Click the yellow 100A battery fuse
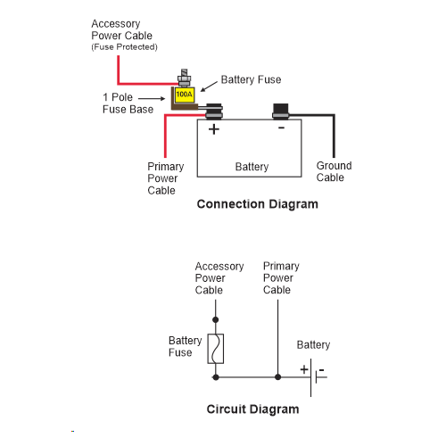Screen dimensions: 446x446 [185, 95]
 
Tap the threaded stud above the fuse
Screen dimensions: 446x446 [184, 78]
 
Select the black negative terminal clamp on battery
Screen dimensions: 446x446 [281, 111]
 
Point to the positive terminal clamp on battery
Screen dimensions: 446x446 [214, 111]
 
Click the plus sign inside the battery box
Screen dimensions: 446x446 [214, 129]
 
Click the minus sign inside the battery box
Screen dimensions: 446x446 [281, 128]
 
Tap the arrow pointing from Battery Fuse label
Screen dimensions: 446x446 [209, 87]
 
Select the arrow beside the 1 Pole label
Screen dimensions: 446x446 [152, 98]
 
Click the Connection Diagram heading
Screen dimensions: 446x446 [258, 204]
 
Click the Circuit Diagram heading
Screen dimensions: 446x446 [252, 409]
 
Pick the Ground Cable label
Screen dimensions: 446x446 [334, 171]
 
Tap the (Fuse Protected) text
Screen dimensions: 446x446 [124, 47]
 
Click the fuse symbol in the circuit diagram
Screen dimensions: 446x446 [216, 349]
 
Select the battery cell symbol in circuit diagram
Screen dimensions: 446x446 [315, 377]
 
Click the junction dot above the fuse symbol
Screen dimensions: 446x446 [216, 320]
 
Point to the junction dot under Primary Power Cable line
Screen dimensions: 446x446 [277, 377]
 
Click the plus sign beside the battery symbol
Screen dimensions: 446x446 [304, 369]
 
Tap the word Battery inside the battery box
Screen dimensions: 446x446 [252, 167]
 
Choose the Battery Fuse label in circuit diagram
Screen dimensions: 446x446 [185, 346]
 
